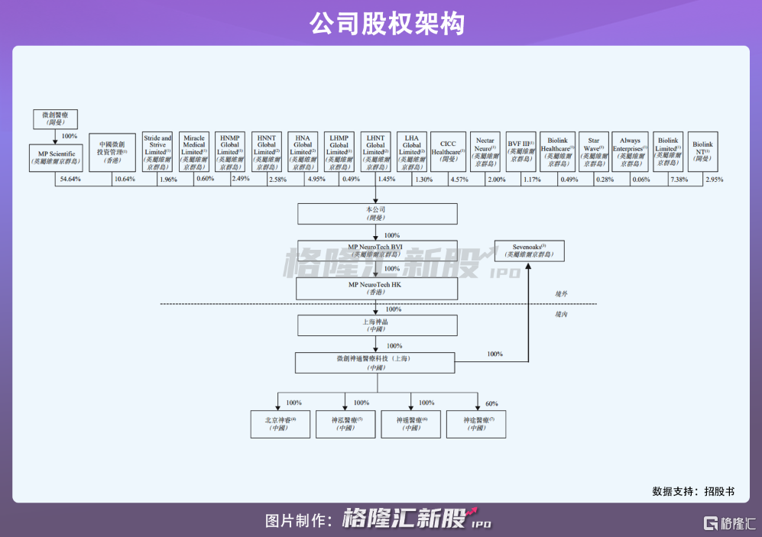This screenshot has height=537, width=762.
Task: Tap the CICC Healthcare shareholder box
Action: pos(448,151)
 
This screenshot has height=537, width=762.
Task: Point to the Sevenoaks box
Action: pos(530,251)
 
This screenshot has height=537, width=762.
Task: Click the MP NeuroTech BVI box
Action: pos(376,251)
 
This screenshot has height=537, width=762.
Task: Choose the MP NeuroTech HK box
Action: pos(376,289)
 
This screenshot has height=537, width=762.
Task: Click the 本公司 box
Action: pos(376,213)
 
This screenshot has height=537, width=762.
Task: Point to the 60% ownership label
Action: pos(491,403)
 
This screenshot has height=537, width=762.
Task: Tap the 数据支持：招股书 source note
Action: pos(693,490)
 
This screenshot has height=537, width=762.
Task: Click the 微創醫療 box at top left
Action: pos(55,118)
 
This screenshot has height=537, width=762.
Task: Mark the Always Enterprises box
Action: pos(630,151)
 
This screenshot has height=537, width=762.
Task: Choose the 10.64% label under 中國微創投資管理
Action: pos(124,180)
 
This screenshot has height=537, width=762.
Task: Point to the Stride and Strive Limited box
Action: pos(157,151)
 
